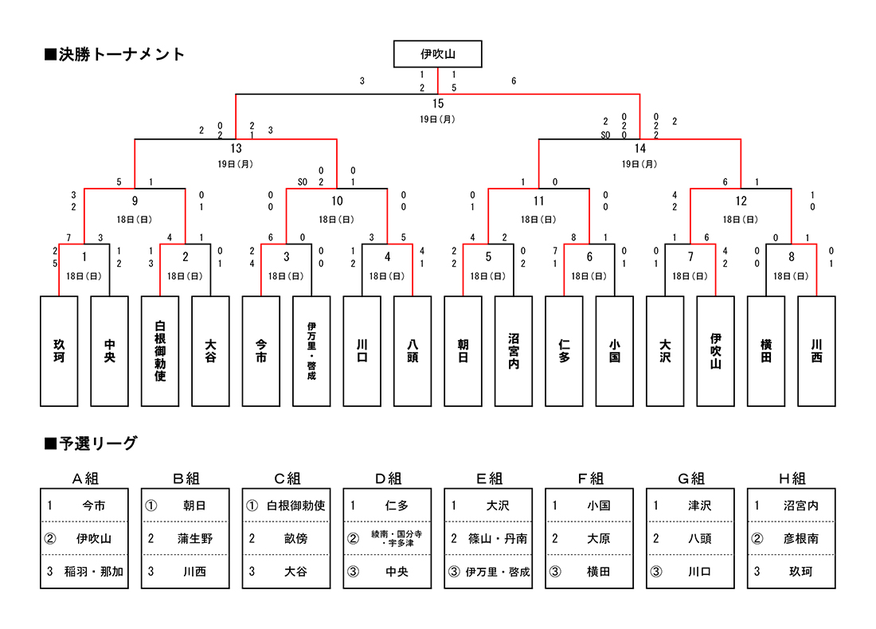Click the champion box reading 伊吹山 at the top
pyautogui.click(x=437, y=54)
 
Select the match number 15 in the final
pyautogui.click(x=438, y=104)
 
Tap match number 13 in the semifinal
pyautogui.click(x=236, y=148)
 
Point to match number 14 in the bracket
pyautogui.click(x=640, y=148)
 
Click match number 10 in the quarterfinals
pyautogui.click(x=337, y=201)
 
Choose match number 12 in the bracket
pyautogui.click(x=741, y=201)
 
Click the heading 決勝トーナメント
pyautogui.click(x=115, y=54)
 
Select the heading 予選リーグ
pyautogui.click(x=91, y=443)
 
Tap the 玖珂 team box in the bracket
pyautogui.click(x=59, y=351)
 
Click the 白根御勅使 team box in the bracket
pyautogui.click(x=160, y=351)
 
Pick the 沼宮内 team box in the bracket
pyautogui.click(x=514, y=351)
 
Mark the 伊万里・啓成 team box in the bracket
pyautogui.click(x=311, y=351)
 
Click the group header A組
pyautogui.click(x=85, y=479)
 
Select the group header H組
pyautogui.click(x=792, y=479)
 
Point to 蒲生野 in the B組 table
pyautogui.click(x=195, y=538)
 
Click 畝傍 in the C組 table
pyautogui.click(x=295, y=538)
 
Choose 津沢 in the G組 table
pyautogui.click(x=699, y=506)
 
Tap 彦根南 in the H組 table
pyautogui.click(x=800, y=538)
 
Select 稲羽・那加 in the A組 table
pyautogui.click(x=94, y=572)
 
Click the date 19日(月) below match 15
pyautogui.click(x=438, y=119)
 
